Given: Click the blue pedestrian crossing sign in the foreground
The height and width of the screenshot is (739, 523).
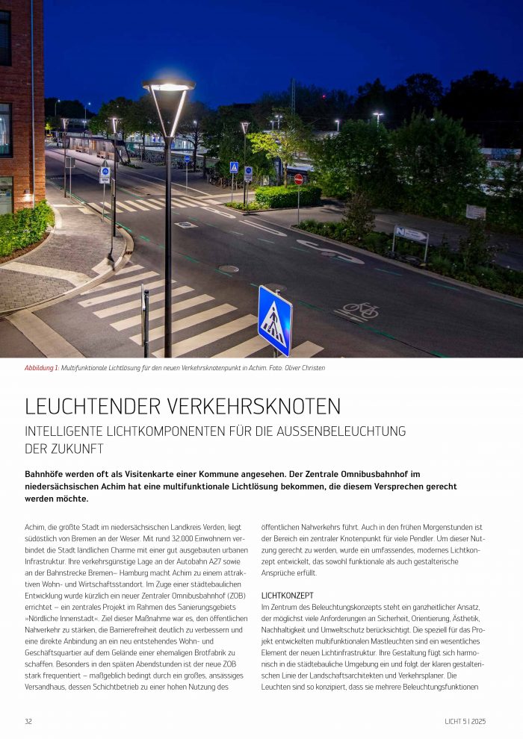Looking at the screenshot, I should [274, 320].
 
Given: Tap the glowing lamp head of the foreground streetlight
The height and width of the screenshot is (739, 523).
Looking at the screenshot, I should [168, 86].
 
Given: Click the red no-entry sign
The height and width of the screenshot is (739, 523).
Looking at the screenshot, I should [299, 179].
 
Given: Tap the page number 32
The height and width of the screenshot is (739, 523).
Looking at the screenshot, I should [28, 721].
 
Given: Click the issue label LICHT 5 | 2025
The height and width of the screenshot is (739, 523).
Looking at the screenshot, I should [465, 721].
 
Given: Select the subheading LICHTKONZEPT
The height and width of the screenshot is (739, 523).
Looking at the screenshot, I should [288, 596].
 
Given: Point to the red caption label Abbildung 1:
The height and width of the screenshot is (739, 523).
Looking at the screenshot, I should [42, 368].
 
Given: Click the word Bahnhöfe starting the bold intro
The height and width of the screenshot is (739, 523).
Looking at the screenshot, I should [46, 474].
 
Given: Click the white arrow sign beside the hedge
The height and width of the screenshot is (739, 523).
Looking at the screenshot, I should [410, 234].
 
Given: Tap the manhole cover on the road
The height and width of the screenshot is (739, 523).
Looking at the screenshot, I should [229, 269].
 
